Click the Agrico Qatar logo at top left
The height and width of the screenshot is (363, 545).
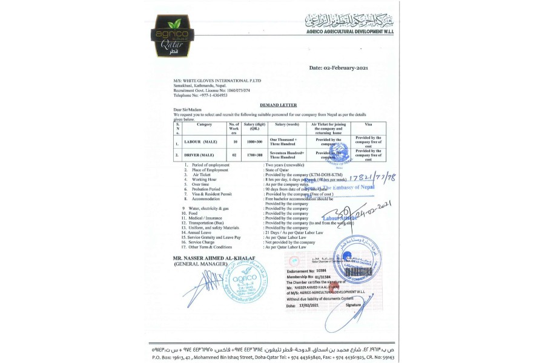tap(173, 36)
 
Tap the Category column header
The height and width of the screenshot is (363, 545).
tap(205, 124)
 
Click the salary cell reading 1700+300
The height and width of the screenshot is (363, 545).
tap(254, 155)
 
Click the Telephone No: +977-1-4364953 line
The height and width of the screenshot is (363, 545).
tap(200, 95)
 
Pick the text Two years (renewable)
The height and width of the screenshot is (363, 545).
tap(284, 165)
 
